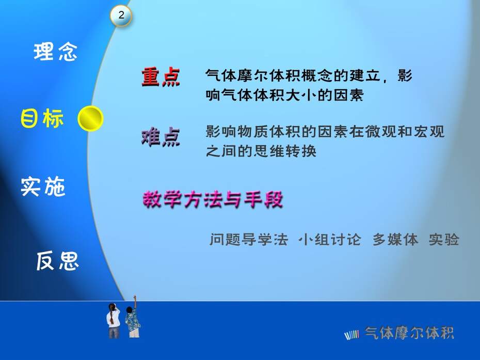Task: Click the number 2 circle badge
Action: pos(121,15)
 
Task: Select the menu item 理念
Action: pos(55,52)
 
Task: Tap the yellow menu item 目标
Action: pos(42,118)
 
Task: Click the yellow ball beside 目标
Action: pos(91,119)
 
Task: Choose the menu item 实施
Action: pos(43,186)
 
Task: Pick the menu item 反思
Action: pos(58,261)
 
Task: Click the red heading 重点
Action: pos(161,77)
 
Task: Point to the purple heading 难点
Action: pos(161,137)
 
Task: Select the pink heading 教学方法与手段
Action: pos(213,199)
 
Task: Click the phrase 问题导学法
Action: pos(249,239)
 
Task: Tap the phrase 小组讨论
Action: pos(330,239)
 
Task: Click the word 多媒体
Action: pos(395,239)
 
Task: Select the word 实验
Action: pos(444,239)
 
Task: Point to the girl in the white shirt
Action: pos(114,320)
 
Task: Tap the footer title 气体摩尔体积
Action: pos(409,333)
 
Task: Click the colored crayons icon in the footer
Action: pos(351,335)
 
